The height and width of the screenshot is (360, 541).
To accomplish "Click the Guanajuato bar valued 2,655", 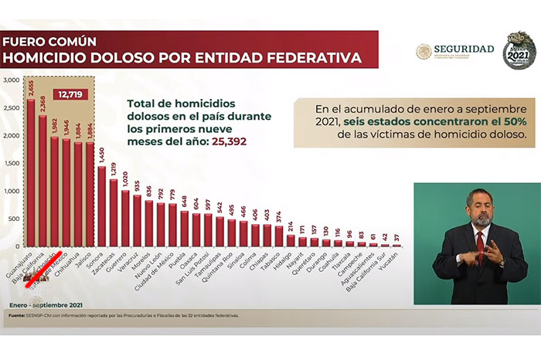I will [31, 170].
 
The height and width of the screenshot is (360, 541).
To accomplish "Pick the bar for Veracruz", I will [137, 220].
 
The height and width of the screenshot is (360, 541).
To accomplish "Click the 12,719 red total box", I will [70, 95].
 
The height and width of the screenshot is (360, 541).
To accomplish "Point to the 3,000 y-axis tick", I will [9, 80].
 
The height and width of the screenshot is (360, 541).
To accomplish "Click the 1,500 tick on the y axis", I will [9, 163].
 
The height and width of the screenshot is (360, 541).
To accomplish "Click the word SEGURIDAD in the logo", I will [464, 49].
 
